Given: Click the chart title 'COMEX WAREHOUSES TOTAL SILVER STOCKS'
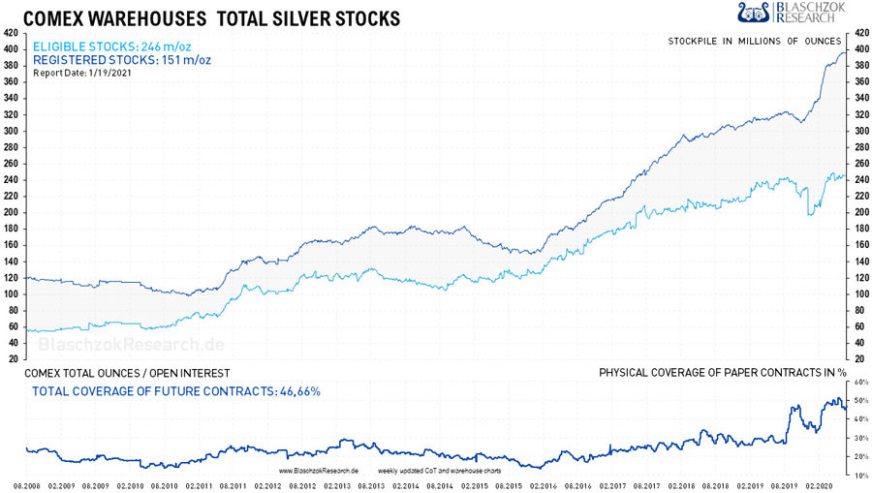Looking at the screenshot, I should click(211, 18).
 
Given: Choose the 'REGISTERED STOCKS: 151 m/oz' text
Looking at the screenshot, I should click(122, 60).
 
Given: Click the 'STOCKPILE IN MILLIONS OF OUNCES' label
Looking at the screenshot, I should click(757, 41).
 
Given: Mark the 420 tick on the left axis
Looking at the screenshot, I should click(11, 33).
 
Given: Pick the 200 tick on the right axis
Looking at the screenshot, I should click(861, 212).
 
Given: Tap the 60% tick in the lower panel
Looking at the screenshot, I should click(859, 382).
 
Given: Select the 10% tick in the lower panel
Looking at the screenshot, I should click(859, 475).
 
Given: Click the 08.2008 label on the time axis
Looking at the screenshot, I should click(25, 485).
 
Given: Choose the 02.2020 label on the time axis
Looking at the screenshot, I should click(821, 485).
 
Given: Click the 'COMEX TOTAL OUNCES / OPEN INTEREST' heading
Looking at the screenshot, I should click(126, 373).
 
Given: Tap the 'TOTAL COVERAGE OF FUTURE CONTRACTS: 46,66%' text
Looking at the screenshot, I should click(176, 391).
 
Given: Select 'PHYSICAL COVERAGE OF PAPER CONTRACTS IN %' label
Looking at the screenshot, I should click(723, 373).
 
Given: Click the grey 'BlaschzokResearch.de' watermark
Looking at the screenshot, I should click(131, 345).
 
